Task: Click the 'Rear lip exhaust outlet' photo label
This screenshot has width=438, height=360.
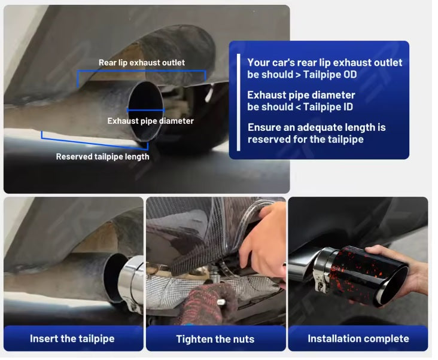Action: [x=142, y=63]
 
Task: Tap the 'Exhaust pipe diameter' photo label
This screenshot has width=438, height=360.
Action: [x=150, y=121]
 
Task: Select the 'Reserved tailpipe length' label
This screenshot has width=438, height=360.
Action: [x=102, y=157]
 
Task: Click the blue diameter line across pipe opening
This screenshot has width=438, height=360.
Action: [x=146, y=110]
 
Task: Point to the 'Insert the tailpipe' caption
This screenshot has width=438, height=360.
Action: [x=72, y=338]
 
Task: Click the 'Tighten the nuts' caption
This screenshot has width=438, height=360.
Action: [x=215, y=339]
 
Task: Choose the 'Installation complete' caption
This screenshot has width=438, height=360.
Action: [x=358, y=338]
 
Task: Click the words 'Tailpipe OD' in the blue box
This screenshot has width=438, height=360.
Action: [x=330, y=75]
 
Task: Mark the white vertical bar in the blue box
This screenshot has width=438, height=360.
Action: [x=238, y=102]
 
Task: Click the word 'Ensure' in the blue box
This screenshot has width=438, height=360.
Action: [x=264, y=127]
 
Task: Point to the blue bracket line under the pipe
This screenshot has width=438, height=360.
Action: [x=95, y=141]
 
